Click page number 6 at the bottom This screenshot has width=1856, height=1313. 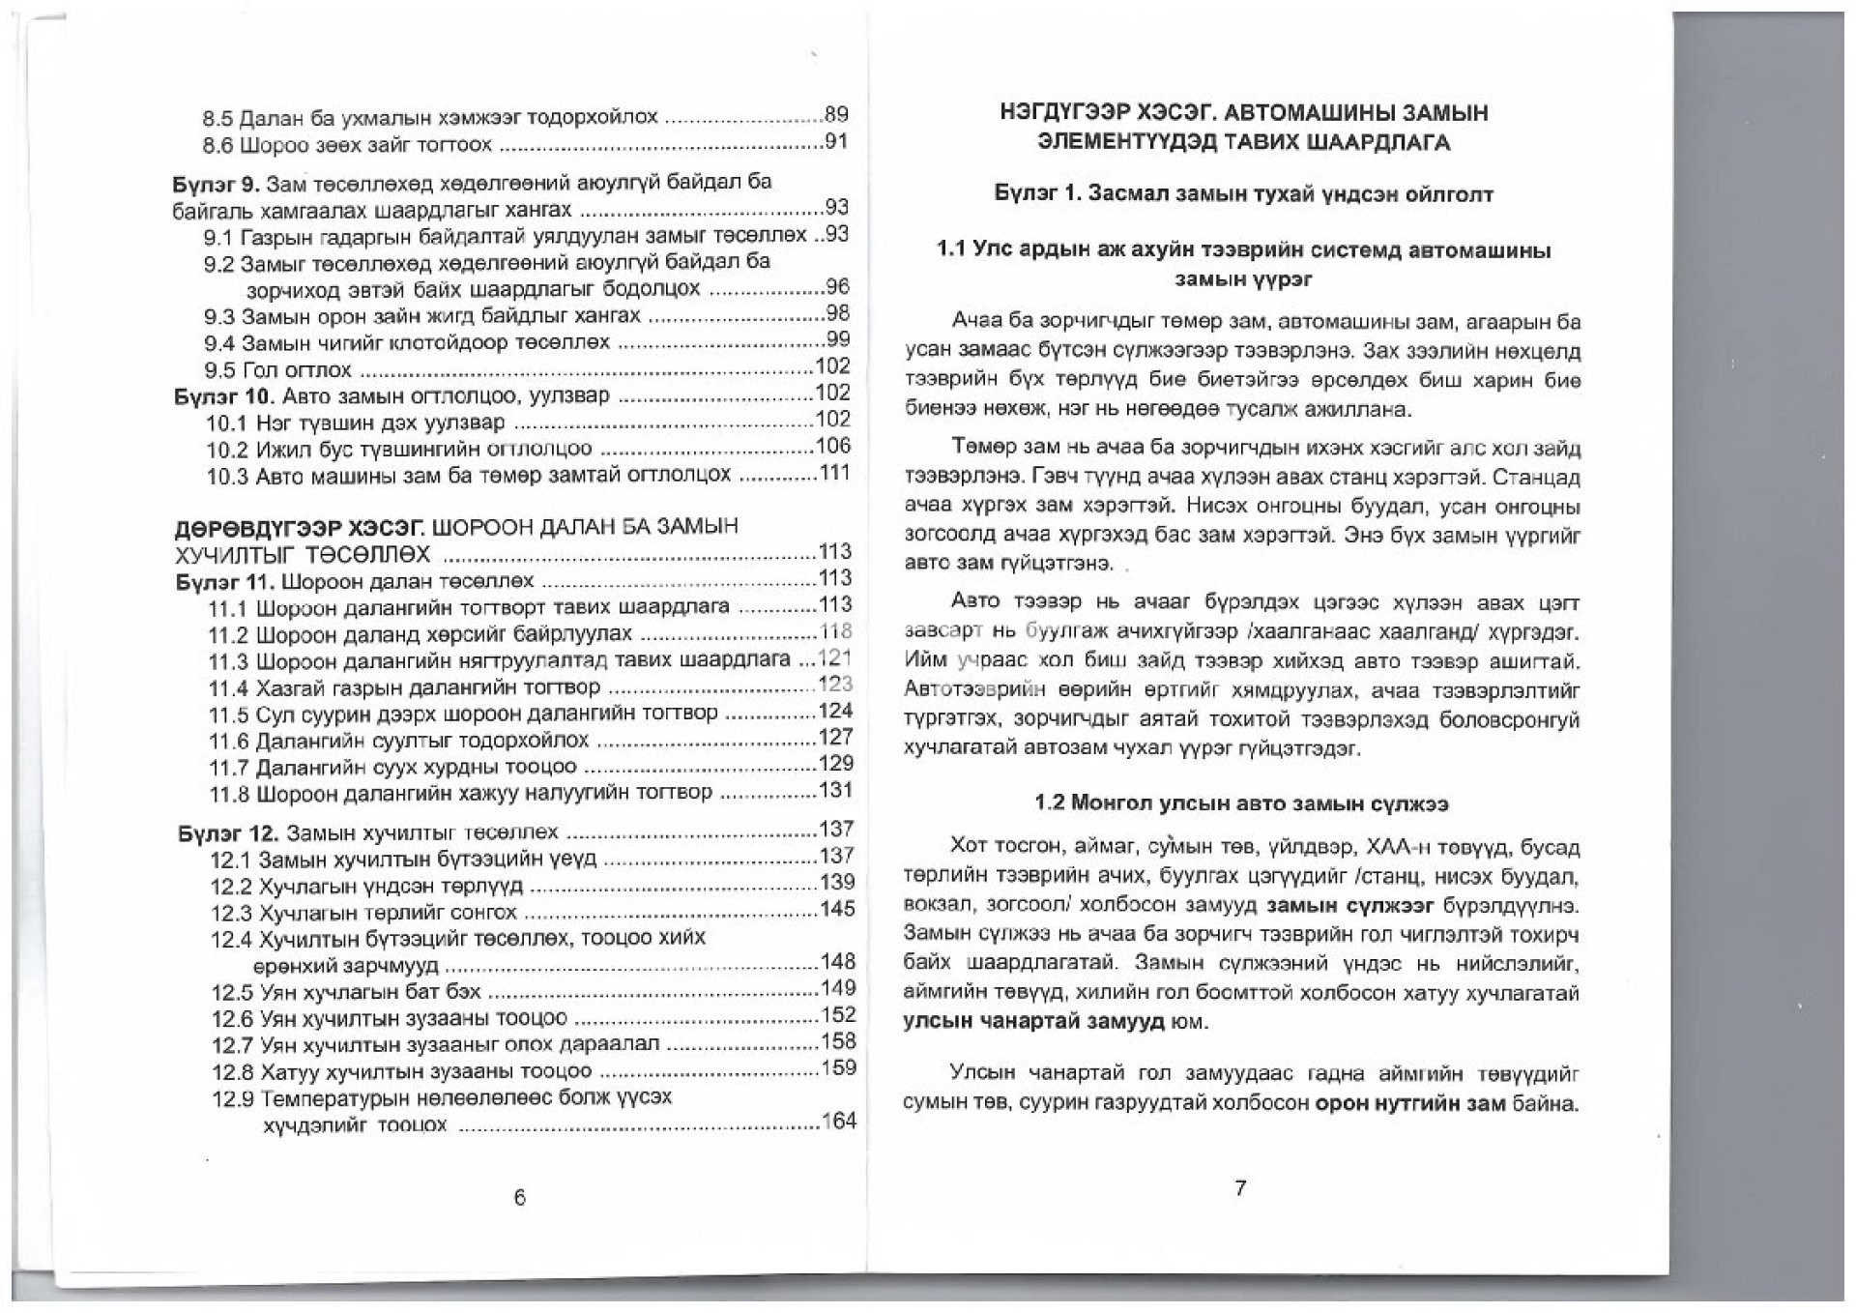519,1197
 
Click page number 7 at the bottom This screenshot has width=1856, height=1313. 1241,1188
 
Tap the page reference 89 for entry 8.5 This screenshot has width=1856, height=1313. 836,115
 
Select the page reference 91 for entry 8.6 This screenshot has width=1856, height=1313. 836,142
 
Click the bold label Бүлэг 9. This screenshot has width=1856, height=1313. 216,183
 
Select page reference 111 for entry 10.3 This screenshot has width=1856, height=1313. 834,473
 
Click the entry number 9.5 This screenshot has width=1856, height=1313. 219,370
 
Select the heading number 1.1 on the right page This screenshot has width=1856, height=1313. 952,250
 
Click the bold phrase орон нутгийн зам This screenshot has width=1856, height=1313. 1410,1103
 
